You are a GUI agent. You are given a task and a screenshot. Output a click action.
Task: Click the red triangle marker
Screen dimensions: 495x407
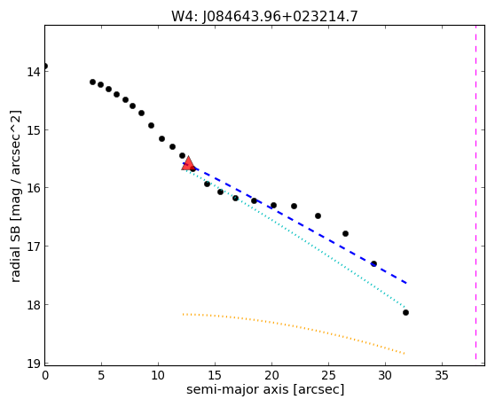(188, 163)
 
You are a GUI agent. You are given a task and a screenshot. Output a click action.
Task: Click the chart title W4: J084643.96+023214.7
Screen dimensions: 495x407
(264, 16)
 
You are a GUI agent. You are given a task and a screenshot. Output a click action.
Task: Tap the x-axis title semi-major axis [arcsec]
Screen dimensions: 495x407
(265, 389)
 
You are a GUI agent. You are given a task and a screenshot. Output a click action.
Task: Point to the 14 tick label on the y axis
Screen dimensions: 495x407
(34, 72)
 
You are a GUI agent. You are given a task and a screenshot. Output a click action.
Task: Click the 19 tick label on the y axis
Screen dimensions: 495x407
(34, 364)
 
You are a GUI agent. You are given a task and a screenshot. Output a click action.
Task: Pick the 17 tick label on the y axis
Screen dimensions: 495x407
(34, 247)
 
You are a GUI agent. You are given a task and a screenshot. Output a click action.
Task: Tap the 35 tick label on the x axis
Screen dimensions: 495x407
(442, 375)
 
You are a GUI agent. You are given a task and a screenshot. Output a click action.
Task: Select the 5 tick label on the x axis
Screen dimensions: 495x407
(101, 375)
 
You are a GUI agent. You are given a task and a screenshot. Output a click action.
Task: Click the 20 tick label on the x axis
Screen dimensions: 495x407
(271, 375)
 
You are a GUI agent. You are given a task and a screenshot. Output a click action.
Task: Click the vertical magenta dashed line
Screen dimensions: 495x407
(475, 192)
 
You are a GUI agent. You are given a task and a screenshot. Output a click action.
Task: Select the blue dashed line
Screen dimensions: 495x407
(295, 223)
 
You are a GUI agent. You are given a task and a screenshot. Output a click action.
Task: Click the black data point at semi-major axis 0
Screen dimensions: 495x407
(45, 66)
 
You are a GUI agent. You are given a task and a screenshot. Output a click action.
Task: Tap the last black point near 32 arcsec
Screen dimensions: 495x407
(405, 312)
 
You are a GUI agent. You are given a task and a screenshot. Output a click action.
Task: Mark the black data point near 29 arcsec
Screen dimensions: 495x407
(373, 263)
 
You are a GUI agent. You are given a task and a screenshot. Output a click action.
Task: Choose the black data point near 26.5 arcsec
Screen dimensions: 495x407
(345, 233)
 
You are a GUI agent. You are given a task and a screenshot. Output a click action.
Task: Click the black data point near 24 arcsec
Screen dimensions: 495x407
(318, 215)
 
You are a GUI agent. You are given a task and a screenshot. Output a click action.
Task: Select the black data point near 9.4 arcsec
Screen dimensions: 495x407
(151, 125)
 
